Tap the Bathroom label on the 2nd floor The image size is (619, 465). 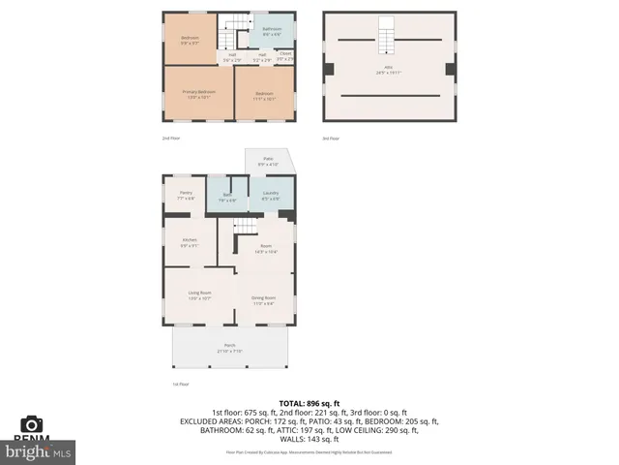[x=272, y=31]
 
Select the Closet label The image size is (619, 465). [x=285, y=56]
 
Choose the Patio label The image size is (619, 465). [x=267, y=163]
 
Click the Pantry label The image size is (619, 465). [x=186, y=195]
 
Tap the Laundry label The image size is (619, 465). [x=271, y=195]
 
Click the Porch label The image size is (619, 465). [x=230, y=348]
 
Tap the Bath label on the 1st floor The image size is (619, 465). [x=228, y=197]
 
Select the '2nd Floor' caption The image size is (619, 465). [x=171, y=139]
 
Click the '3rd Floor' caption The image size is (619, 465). [x=331, y=139]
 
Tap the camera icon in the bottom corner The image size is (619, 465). [x=32, y=424]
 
